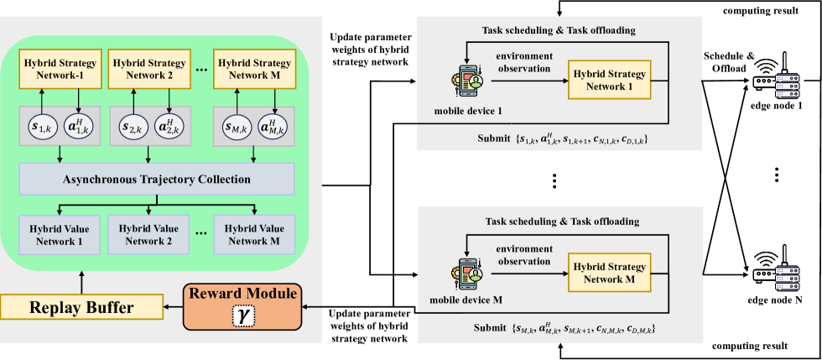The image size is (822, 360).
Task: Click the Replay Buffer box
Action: click(x=81, y=307)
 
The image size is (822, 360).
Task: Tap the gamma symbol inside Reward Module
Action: click(x=243, y=316)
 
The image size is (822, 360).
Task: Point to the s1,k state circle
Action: click(x=41, y=127)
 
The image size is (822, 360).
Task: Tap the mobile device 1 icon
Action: click(x=469, y=81)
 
